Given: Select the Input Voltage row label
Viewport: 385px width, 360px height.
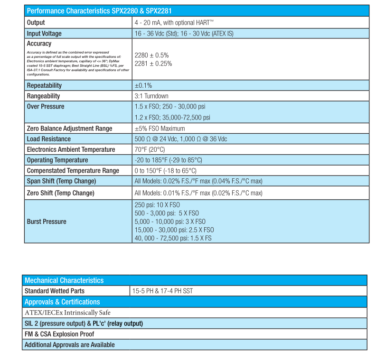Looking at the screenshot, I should pos(44,33).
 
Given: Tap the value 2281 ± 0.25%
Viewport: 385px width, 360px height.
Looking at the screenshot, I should pos(153,64).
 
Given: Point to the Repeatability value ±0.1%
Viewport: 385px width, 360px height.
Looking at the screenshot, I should pos(143,86).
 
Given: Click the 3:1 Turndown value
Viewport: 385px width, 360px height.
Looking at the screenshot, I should pos(151,96).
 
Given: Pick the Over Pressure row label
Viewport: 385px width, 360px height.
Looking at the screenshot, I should pos(46,107).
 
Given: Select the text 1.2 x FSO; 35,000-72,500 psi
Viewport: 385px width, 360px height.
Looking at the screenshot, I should pos(172,118).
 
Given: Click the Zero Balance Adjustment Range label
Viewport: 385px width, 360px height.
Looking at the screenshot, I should pos(70,129).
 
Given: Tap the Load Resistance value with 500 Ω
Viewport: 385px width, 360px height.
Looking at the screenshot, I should pos(181,139).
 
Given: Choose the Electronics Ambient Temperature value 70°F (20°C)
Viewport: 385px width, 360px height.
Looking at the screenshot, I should pos(150,149).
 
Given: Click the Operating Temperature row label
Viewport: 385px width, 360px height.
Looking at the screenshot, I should pos(57,160).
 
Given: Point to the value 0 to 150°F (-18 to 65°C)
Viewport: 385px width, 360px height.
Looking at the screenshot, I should pos(166,171).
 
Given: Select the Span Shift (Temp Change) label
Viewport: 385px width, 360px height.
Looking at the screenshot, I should pos(61,181).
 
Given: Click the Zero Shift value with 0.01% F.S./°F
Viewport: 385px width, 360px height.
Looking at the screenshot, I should pos(198,193).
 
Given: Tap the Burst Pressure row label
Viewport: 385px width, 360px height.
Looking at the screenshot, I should pos(47,222).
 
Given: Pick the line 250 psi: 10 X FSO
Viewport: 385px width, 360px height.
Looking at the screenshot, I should pos(158,205).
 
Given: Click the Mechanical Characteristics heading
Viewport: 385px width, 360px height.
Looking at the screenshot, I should pos(64,280).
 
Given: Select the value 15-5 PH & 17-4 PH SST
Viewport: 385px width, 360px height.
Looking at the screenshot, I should pos(162,291).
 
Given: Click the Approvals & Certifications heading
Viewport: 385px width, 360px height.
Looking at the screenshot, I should pos(62,302).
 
